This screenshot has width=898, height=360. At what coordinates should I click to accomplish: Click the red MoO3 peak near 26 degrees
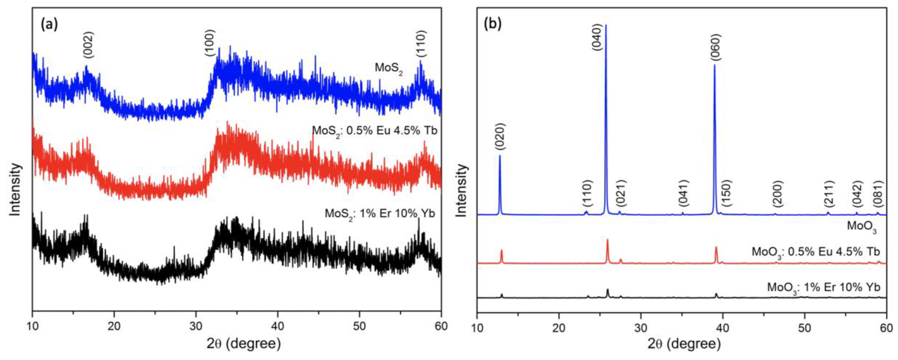pyautogui.click(x=608, y=240)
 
